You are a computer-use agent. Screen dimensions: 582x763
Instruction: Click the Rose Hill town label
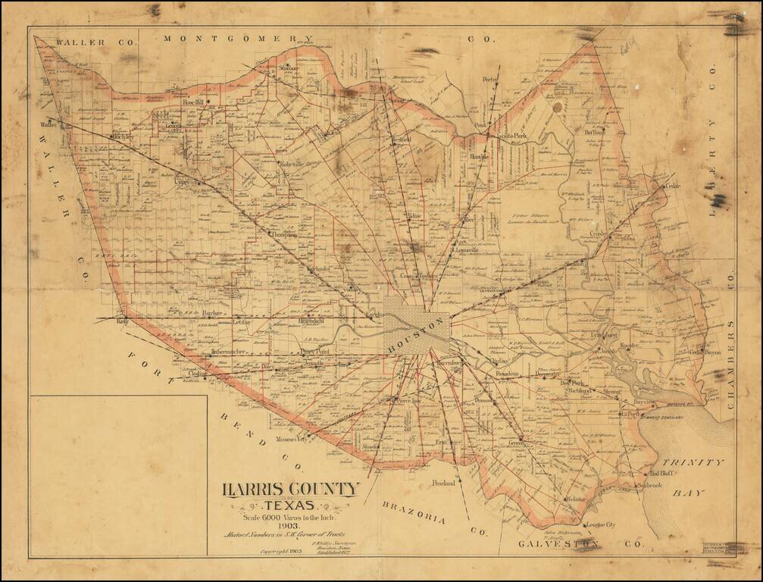(x=194, y=102)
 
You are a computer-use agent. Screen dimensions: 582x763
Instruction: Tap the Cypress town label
(x=185, y=183)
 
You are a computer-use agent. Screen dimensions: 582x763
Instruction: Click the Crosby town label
(x=599, y=236)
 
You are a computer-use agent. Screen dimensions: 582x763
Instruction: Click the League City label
(x=602, y=525)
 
